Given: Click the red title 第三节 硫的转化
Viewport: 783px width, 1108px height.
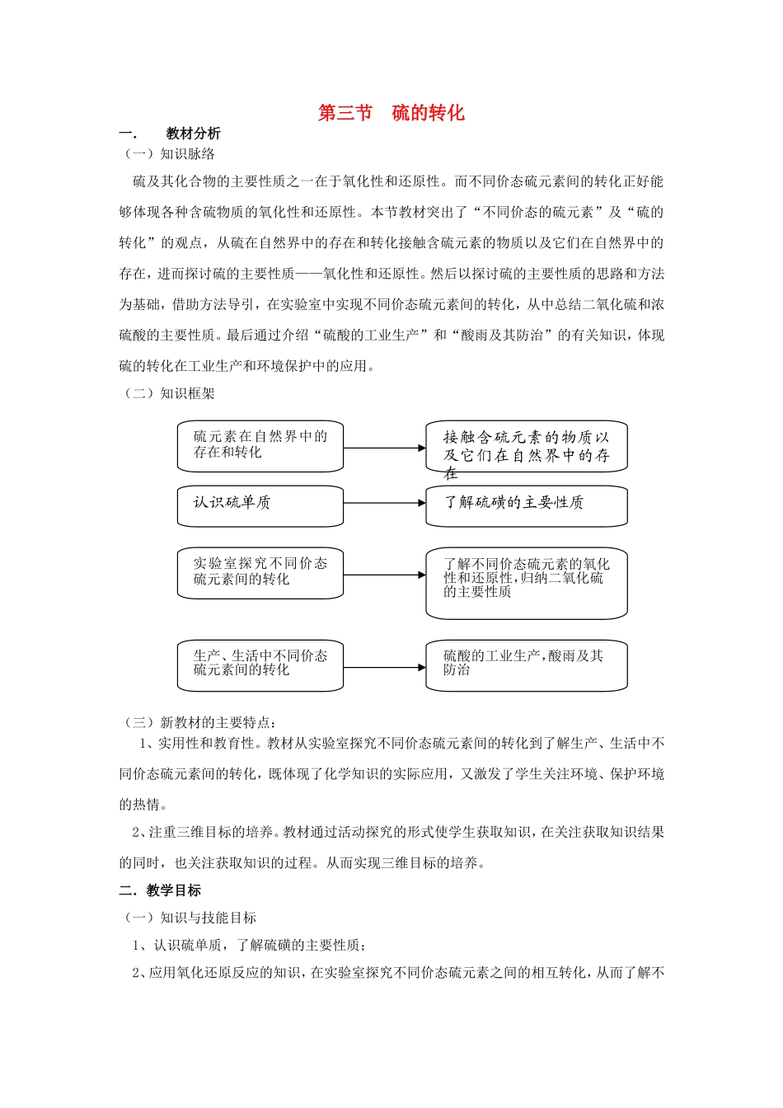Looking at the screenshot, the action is pyautogui.click(x=391, y=113).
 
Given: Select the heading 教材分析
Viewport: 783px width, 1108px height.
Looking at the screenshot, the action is pyautogui.click(x=193, y=134).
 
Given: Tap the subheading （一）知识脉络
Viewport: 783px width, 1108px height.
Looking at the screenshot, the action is pyautogui.click(x=169, y=154).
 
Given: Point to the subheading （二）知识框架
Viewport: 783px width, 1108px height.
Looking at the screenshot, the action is pyautogui.click(x=169, y=393).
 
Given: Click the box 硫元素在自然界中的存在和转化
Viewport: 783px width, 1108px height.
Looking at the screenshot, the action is pyautogui.click(x=260, y=446).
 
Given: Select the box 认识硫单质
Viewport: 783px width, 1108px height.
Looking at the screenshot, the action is pyautogui.click(x=260, y=505).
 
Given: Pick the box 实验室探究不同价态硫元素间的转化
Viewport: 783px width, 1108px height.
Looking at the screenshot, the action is pyautogui.click(x=260, y=573).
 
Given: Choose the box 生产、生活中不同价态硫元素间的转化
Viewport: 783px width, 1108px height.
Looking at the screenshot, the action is pyautogui.click(x=260, y=665).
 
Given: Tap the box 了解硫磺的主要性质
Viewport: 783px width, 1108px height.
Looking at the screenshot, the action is pyautogui.click(x=526, y=505).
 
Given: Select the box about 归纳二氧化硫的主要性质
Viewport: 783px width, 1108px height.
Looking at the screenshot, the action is pyautogui.click(x=526, y=582).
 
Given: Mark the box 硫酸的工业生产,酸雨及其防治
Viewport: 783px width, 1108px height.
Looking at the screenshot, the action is pyautogui.click(x=526, y=665).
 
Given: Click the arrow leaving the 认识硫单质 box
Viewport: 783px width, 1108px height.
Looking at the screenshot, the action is pyautogui.click(x=384, y=503).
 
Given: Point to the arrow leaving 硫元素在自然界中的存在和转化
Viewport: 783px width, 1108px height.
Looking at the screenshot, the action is pyautogui.click(x=384, y=448).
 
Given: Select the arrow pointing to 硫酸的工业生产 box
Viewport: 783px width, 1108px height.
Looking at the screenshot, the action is pyautogui.click(x=384, y=668).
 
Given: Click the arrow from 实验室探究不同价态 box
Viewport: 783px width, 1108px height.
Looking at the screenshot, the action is pyautogui.click(x=384, y=575).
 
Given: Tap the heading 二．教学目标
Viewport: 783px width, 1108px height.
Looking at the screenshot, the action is pyautogui.click(x=160, y=890).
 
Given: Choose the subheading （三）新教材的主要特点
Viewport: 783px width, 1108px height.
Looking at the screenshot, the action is pyautogui.click(x=200, y=722).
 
